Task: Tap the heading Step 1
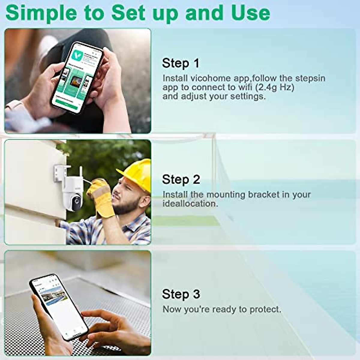[x=180, y=63]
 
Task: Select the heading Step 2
[x=181, y=179]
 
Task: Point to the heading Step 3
[x=181, y=294]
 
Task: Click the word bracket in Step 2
[x=264, y=194]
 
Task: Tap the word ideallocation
[x=190, y=204]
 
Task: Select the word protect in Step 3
[x=264, y=309]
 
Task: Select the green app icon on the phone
[x=77, y=57]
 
